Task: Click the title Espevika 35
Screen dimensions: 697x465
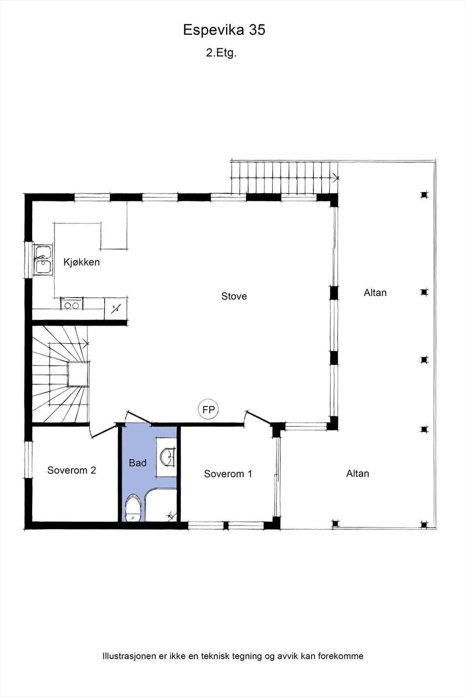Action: (224, 30)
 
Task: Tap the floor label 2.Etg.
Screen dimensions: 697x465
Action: (221, 53)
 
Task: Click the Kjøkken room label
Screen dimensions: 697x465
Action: (81, 262)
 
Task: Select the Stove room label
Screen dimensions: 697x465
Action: (234, 296)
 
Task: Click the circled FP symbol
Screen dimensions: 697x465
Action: (208, 409)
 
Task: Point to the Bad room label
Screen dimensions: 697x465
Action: (137, 463)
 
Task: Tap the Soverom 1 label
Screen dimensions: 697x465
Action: (228, 474)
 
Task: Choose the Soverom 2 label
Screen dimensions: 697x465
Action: (71, 470)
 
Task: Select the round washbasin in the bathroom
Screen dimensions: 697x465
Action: (167, 457)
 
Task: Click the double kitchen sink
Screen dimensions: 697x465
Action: (43, 260)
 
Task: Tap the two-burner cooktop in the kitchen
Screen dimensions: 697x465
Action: (72, 305)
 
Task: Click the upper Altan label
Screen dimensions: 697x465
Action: (375, 293)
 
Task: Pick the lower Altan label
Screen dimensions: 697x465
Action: (357, 474)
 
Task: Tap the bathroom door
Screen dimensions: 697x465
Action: (139, 417)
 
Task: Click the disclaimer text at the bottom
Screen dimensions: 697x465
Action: (233, 656)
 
